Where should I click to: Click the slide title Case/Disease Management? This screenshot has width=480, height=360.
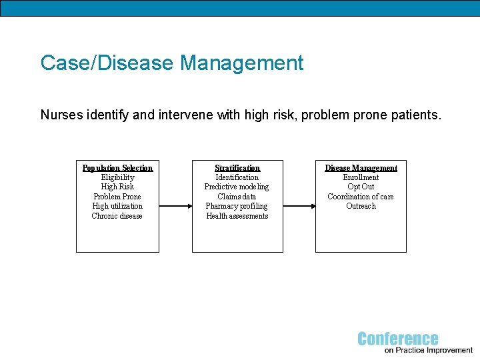171,63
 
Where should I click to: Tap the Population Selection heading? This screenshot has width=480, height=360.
117,168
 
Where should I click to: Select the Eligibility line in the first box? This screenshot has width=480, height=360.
117,177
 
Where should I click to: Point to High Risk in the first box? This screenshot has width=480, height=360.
117,187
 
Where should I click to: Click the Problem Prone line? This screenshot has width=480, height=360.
117,197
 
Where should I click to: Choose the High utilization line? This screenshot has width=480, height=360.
117,206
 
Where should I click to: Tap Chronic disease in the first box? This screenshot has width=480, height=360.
117,216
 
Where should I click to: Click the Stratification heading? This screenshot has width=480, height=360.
237,168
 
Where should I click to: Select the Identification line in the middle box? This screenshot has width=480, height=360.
237,177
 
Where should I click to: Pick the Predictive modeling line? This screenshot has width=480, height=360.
237,187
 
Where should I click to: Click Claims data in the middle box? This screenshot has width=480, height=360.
237,197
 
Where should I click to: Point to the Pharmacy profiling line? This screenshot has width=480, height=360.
237,206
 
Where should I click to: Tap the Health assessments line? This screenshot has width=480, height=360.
237,216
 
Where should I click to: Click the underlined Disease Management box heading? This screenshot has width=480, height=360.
361,168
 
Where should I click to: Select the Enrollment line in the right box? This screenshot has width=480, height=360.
361,177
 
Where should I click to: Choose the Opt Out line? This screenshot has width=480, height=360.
361,187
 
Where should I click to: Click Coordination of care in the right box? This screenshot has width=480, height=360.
361,197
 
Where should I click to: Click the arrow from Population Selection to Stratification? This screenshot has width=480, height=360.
175,206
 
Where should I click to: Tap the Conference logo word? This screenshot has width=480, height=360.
398,339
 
